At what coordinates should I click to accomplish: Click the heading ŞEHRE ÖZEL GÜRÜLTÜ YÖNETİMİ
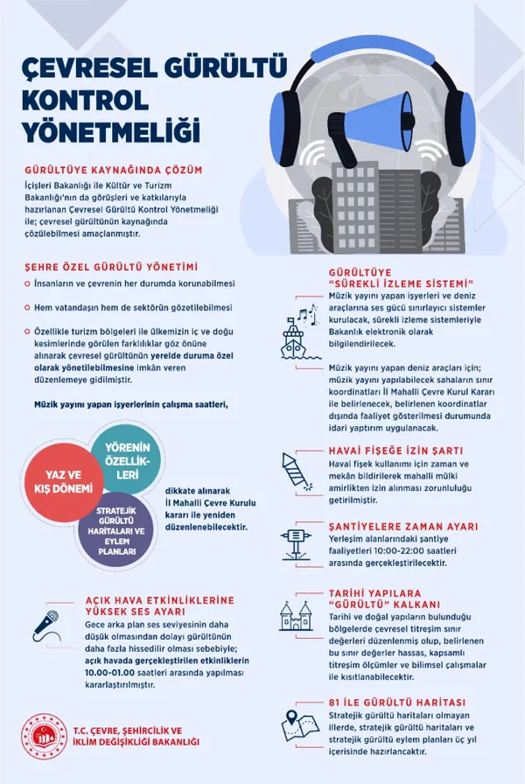111,266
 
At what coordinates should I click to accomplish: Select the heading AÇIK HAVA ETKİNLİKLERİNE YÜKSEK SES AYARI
146,606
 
